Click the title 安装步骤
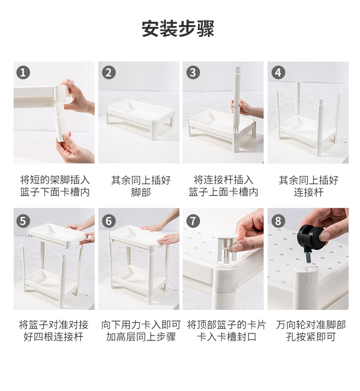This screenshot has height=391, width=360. [x=178, y=29]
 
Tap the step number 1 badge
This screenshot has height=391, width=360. [x=23, y=72]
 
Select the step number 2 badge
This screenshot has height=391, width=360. [x=109, y=72]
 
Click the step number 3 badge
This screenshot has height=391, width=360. [x=193, y=72]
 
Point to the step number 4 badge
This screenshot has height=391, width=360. [x=278, y=72]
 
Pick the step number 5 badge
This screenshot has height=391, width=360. [x=23, y=221]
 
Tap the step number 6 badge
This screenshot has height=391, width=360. [x=109, y=221]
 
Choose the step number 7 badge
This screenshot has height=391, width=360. [x=193, y=221]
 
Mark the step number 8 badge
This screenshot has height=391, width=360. [x=278, y=221]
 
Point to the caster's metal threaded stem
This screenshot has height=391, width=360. [x=309, y=257]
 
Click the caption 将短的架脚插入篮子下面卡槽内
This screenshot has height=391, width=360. [x=55, y=186]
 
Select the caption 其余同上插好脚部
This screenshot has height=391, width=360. [x=141, y=186]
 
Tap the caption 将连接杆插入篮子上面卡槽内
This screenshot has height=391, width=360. [x=223, y=186]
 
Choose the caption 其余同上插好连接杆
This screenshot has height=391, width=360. [x=309, y=186]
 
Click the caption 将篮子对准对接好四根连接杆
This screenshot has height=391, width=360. [x=54, y=331]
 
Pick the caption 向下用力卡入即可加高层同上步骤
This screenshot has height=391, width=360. [x=141, y=331]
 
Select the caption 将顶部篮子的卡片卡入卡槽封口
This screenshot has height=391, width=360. [x=226, y=331]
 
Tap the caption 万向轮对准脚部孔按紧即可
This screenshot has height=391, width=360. [x=311, y=331]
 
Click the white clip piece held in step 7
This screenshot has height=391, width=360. [x=226, y=247]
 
